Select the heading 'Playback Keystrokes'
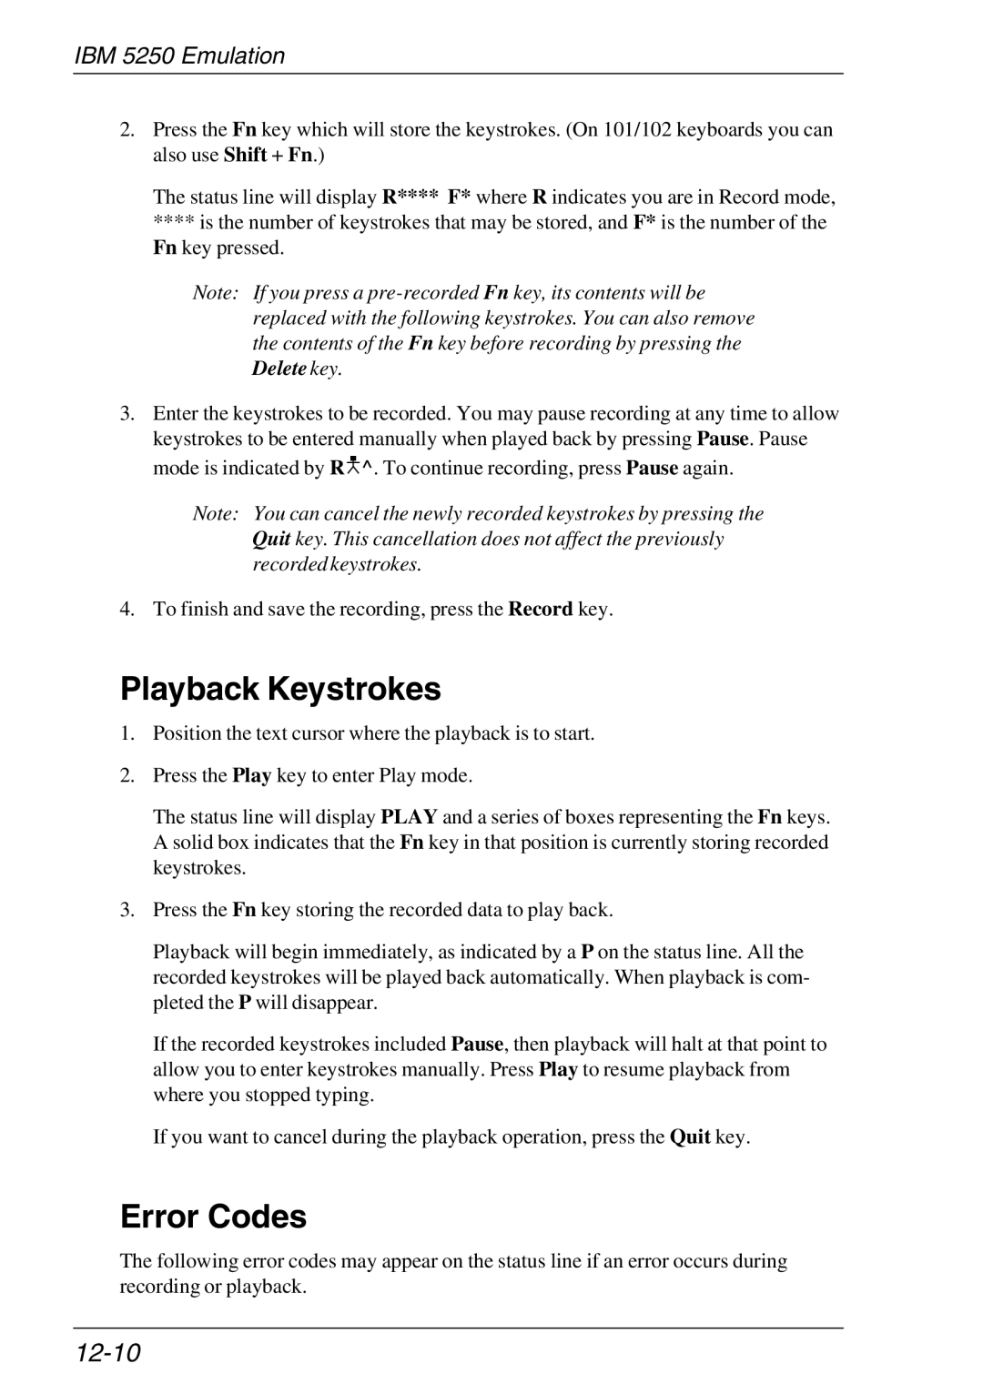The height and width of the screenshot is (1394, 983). [280, 690]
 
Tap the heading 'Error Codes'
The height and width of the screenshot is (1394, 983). [214, 1217]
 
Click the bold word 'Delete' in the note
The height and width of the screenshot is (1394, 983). [279, 369]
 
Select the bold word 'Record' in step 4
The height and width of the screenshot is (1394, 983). [540, 609]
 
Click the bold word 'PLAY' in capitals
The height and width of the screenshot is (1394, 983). [409, 817]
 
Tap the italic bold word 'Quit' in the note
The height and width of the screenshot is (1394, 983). [271, 539]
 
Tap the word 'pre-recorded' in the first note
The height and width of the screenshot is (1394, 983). [426, 293]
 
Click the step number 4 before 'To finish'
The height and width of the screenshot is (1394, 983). [127, 609]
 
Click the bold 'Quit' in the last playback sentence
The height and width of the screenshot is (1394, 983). [690, 1137]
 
